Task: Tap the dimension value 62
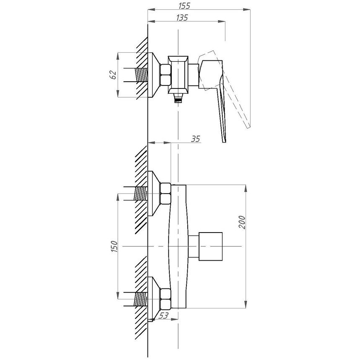[x=112, y=75]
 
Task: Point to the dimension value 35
[x=194, y=139]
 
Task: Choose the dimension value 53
[x=164, y=316]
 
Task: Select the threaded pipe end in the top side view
[x=142, y=75]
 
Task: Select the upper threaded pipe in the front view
[x=140, y=193]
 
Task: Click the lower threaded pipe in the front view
[x=140, y=298]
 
